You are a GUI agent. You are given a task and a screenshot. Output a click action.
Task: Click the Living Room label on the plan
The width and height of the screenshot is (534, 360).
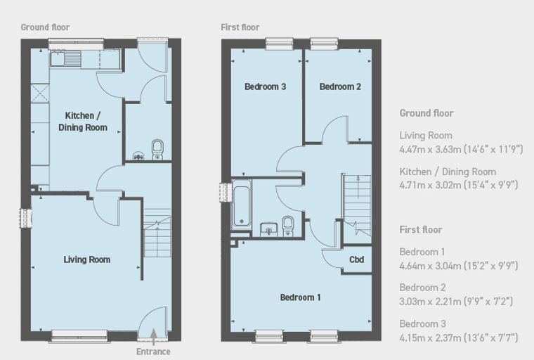pyautogui.click(x=87, y=259)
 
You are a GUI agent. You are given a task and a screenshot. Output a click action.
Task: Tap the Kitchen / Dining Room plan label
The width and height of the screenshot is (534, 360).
pyautogui.click(x=83, y=122)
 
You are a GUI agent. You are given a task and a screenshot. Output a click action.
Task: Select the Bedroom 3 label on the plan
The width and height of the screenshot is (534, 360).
pyautogui.click(x=266, y=86)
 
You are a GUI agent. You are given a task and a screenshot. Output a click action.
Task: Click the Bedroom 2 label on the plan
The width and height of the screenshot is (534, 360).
pyautogui.click(x=340, y=86)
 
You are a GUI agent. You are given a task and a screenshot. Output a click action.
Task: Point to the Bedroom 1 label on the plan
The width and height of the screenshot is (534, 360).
pyautogui.click(x=301, y=297)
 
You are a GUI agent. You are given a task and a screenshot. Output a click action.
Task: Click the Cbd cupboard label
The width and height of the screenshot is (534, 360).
pyautogui.click(x=356, y=259)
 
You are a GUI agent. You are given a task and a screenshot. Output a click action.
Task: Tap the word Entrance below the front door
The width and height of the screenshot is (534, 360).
pyautogui.click(x=153, y=352)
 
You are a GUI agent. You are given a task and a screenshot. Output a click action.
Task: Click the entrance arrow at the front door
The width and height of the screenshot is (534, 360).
pyautogui.click(x=154, y=337)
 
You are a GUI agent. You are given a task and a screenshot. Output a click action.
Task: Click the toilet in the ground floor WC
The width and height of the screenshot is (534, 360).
pyautogui.click(x=157, y=149)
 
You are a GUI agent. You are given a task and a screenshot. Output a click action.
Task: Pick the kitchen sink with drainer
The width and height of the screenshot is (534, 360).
pyautogui.click(x=66, y=58)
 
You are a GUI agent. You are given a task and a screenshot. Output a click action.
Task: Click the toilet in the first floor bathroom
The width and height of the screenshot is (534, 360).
pyautogui.click(x=288, y=226)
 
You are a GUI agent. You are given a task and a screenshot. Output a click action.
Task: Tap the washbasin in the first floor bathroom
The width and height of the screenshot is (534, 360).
pyautogui.click(x=268, y=229)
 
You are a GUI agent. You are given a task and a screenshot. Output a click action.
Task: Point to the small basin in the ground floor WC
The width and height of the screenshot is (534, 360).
pyautogui.click(x=138, y=156)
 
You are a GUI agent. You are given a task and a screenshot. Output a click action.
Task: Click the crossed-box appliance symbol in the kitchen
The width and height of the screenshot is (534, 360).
pyautogui.click(x=40, y=93)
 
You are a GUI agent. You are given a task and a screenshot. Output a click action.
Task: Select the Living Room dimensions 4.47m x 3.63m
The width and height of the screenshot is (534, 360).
pyautogui.click(x=461, y=149)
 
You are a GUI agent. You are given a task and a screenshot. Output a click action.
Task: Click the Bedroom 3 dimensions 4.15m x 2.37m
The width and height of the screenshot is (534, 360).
pyautogui.click(x=459, y=337)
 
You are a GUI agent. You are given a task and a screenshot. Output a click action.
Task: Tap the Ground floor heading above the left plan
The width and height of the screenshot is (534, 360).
pyautogui.click(x=45, y=27)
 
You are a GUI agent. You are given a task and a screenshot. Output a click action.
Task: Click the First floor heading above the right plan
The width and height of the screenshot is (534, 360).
pyautogui.click(x=240, y=27)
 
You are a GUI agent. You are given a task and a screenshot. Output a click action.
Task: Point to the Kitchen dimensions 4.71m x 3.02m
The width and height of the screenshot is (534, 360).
pyautogui.click(x=459, y=185)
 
